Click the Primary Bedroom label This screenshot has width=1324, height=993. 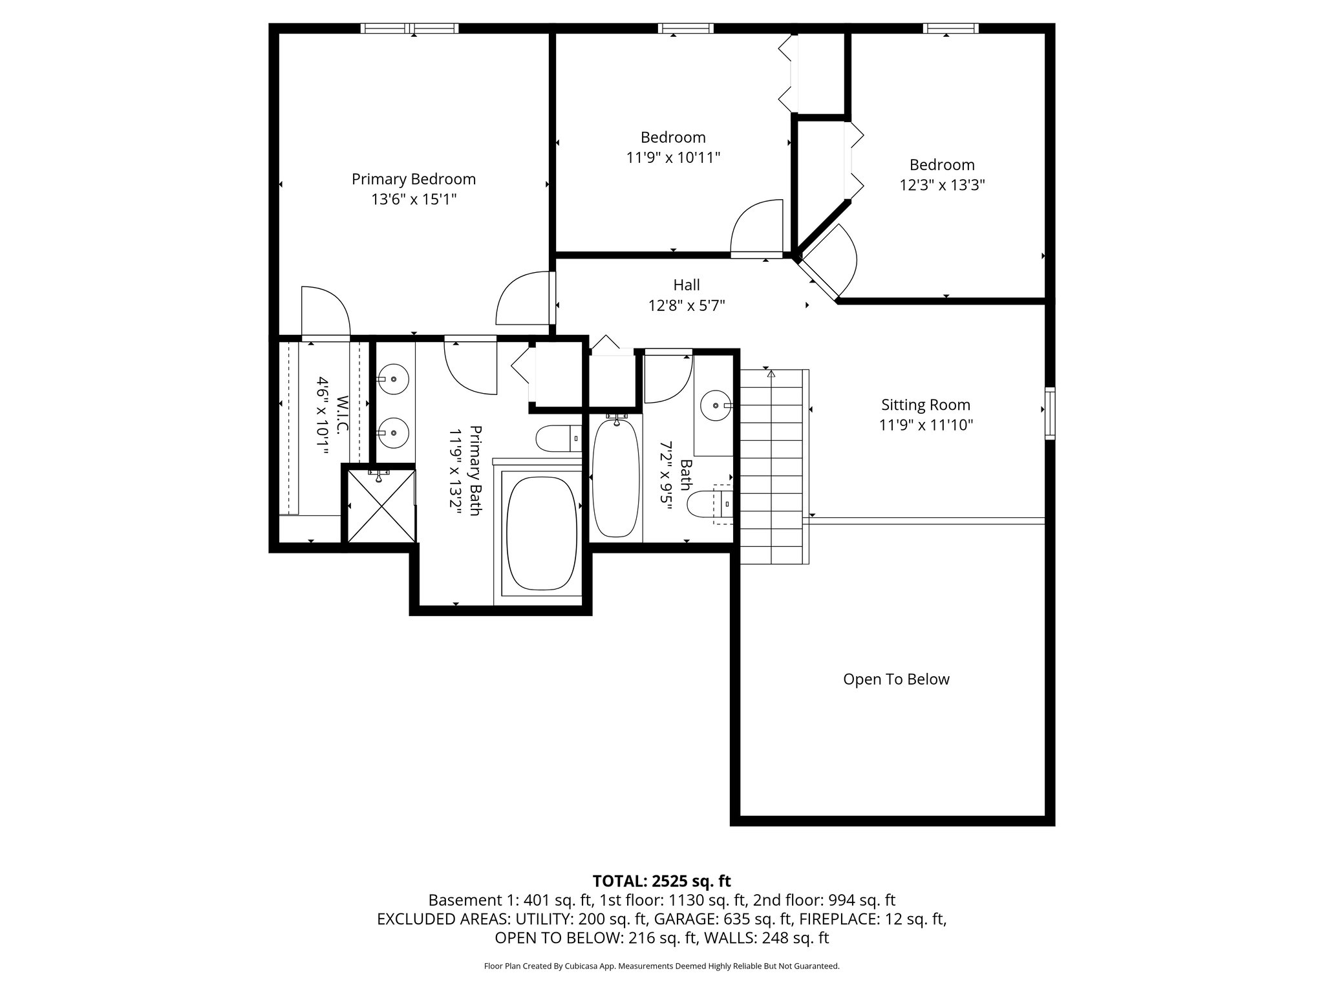click(413, 179)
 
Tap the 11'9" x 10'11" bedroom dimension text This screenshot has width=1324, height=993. click(673, 157)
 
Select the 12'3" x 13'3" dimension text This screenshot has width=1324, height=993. click(941, 186)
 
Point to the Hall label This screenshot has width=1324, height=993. click(686, 284)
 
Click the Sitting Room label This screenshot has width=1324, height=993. click(926, 405)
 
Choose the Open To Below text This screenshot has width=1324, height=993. click(896, 679)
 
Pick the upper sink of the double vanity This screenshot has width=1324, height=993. click(393, 379)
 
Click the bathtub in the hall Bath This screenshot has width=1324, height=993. click(615, 477)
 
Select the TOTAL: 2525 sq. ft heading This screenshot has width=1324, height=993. click(661, 881)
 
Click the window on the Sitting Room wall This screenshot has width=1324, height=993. click(1050, 413)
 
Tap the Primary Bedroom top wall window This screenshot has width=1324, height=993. click(409, 28)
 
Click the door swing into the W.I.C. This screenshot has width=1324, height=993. click(325, 312)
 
